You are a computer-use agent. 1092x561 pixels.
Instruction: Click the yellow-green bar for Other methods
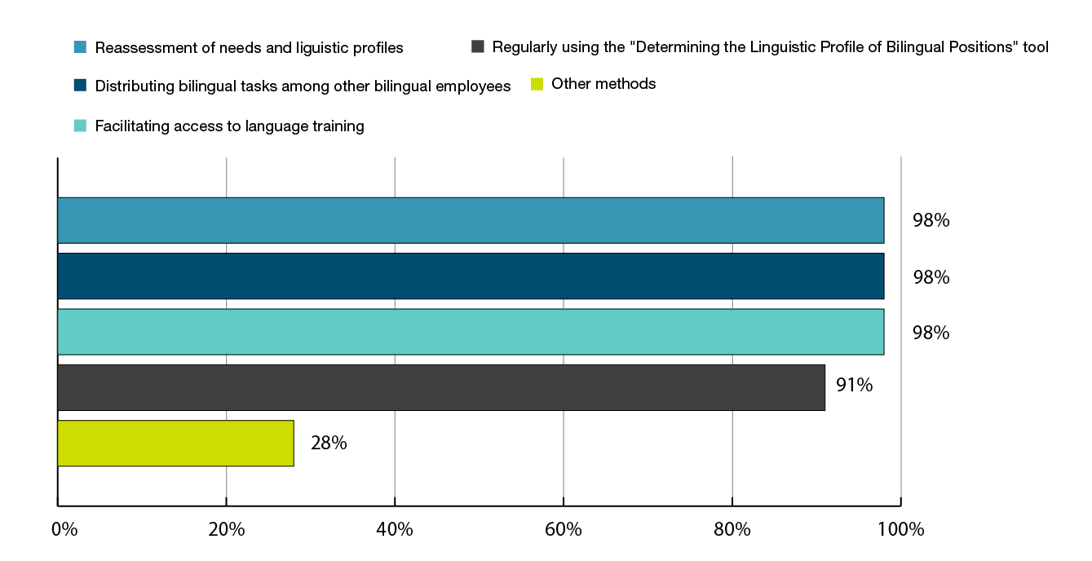point(175,443)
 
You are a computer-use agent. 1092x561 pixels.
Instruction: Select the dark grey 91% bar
point(440,387)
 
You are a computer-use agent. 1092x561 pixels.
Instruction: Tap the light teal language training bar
point(470,332)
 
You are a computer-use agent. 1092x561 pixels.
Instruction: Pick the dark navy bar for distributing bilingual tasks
point(470,276)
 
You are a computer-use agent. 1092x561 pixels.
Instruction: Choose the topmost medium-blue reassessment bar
point(470,220)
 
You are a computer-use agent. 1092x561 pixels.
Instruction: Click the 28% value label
point(329,444)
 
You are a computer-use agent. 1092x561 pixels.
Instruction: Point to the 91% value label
point(854,385)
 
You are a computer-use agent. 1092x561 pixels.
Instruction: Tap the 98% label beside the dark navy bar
point(931,277)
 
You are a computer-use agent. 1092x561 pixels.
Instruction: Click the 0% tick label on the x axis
point(64,530)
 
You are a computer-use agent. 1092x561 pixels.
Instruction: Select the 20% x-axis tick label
point(227,530)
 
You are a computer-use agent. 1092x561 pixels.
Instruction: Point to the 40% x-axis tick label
point(395,530)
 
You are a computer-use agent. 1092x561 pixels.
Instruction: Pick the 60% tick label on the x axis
point(564,530)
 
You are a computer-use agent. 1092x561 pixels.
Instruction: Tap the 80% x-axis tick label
point(732,530)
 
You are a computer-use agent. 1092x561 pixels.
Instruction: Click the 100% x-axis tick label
point(901,530)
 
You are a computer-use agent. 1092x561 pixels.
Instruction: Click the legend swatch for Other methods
point(537,84)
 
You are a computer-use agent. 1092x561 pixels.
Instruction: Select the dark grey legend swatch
point(478,46)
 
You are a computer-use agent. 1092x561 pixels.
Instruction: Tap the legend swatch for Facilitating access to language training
point(79,126)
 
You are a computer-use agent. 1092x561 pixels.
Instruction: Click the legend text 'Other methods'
point(603,84)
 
